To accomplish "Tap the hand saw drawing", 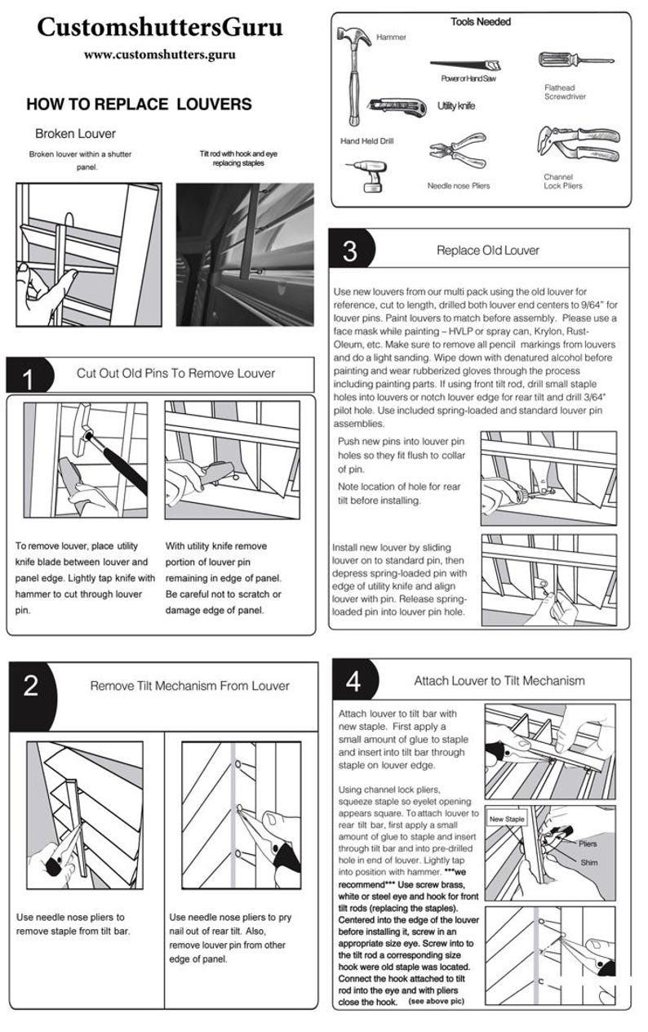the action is [x=465, y=64].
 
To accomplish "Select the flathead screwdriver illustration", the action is [x=575, y=60].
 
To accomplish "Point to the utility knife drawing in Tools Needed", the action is [x=397, y=107].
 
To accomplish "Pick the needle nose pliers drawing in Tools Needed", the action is [x=458, y=149].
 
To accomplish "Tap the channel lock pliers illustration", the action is [x=578, y=143].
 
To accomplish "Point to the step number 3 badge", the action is [x=351, y=249].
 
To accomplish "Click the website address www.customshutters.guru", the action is [x=160, y=55].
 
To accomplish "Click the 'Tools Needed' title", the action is [x=481, y=22].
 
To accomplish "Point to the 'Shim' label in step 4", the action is [x=589, y=862].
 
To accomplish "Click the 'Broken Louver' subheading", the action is [x=75, y=134].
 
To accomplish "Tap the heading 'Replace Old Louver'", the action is [x=488, y=250].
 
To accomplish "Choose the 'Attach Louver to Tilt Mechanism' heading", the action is [x=499, y=680].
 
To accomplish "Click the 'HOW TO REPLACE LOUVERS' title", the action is [x=139, y=105].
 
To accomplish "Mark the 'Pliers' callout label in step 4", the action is [x=588, y=843].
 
